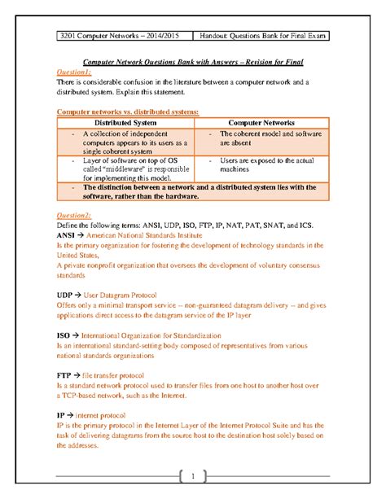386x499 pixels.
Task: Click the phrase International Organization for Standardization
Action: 149,333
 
